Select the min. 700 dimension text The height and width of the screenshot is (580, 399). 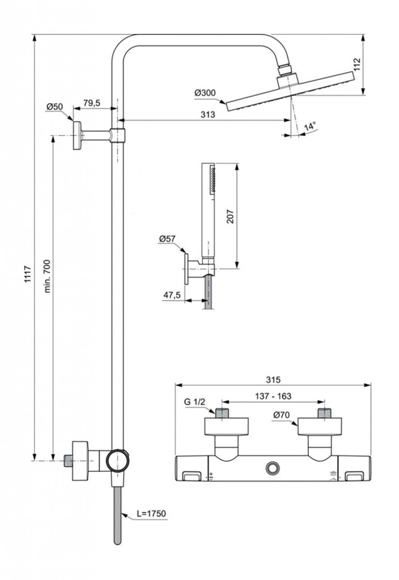coord(48,276)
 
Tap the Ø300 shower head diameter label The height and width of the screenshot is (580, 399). coord(205,92)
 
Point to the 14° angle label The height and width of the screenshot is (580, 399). coord(309,127)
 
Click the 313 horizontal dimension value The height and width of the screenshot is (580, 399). coord(207,114)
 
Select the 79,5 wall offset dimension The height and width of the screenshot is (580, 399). coord(91,103)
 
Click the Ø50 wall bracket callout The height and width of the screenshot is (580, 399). coord(54,106)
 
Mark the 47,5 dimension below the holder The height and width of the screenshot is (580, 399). coord(173,295)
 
